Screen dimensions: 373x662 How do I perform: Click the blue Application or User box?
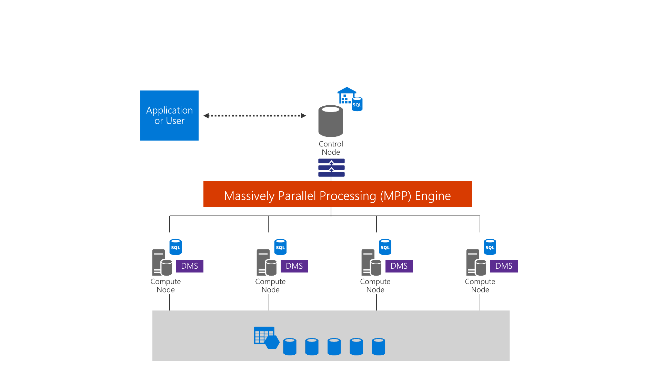click(x=169, y=115)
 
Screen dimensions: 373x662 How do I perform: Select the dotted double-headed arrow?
click(x=255, y=116)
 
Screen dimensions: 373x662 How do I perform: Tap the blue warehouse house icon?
click(x=346, y=95)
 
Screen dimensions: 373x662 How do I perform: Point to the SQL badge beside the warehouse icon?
click(x=357, y=104)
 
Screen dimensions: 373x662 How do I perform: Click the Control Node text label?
click(x=331, y=148)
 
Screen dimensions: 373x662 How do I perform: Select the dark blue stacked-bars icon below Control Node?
click(x=331, y=168)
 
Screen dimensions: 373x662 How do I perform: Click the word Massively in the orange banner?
click(x=249, y=196)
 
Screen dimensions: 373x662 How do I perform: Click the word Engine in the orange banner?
click(x=433, y=196)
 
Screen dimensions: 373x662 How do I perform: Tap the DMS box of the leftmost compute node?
click(x=190, y=266)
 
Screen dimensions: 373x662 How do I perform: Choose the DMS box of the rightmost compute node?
click(x=504, y=266)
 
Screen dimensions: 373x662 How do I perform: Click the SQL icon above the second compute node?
click(x=280, y=247)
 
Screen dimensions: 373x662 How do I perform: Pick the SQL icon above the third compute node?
click(x=385, y=247)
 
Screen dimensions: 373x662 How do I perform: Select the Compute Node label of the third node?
click(x=375, y=286)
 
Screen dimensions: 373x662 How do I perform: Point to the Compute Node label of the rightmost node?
click(x=480, y=286)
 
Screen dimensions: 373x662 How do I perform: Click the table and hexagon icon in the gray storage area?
click(x=266, y=337)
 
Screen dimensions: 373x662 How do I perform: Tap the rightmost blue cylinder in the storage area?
click(x=379, y=346)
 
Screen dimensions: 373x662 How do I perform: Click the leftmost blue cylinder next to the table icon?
click(x=290, y=346)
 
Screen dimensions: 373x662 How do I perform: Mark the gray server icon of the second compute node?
click(x=266, y=263)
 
